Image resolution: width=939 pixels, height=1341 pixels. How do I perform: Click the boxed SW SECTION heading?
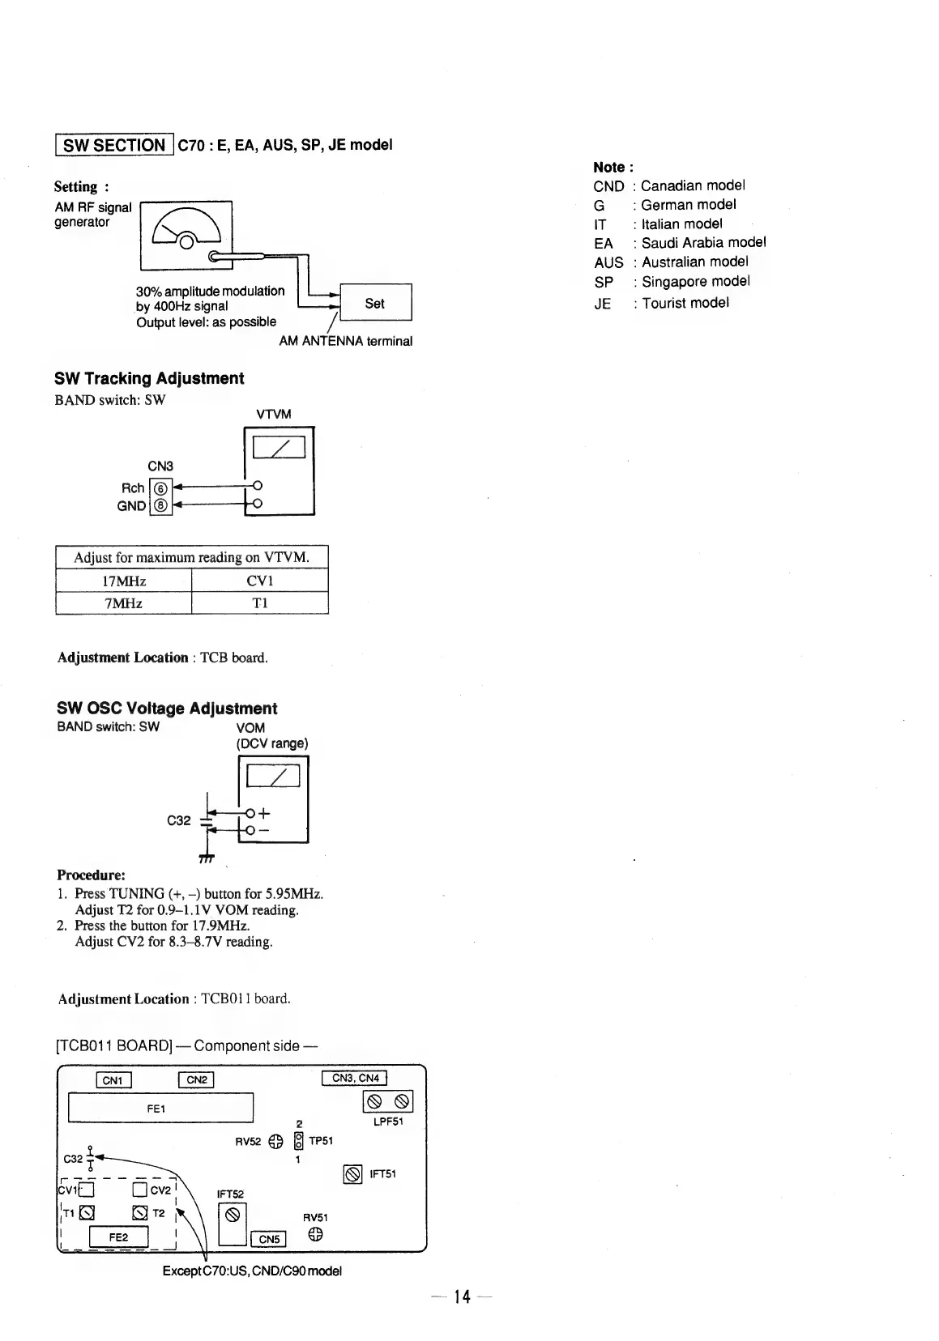click(114, 145)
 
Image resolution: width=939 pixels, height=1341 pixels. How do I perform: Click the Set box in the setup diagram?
click(375, 304)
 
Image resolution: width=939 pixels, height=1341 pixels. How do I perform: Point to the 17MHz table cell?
click(124, 581)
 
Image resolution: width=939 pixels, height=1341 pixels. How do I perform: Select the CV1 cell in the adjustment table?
click(259, 581)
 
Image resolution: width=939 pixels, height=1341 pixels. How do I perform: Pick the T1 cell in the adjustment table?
click(259, 603)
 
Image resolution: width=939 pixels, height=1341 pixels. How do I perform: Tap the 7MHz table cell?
click(124, 603)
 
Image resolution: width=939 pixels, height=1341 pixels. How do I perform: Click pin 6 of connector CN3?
click(160, 488)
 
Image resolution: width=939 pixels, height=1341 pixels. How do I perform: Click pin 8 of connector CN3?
click(160, 506)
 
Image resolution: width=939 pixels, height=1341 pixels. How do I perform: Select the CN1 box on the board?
click(113, 1079)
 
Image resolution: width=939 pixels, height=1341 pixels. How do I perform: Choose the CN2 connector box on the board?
click(196, 1079)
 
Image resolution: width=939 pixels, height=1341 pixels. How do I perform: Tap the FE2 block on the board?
click(118, 1237)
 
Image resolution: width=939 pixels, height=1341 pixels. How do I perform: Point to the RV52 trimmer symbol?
click(275, 1142)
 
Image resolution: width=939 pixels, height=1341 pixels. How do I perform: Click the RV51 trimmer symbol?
click(315, 1234)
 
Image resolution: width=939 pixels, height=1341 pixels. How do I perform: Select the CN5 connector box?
click(269, 1239)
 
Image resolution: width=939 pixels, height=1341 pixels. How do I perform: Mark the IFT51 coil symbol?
click(352, 1174)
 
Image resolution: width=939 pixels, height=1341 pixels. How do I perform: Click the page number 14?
click(462, 1297)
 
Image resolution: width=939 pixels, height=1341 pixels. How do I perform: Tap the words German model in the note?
click(688, 205)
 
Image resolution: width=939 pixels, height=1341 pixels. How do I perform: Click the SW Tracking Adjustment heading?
click(149, 378)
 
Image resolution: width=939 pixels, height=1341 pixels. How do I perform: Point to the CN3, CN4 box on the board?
click(355, 1078)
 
